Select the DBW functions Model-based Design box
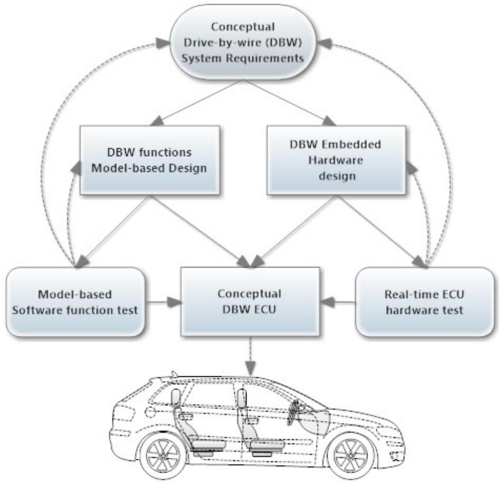coord(149,159)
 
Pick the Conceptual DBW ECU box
coord(250,301)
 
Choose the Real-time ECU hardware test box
coord(424,302)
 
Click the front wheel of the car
coord(350,455)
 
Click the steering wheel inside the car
coord(293,412)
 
